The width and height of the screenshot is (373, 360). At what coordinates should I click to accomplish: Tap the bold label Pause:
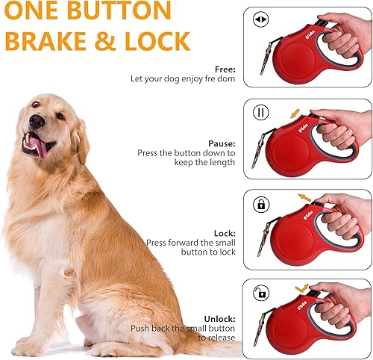coord(222,142)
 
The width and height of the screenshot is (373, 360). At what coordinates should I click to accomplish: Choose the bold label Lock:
coord(225,232)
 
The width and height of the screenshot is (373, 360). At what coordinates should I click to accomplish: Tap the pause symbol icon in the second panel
coord(261,114)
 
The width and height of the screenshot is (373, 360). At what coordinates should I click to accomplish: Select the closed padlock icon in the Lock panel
coord(261,204)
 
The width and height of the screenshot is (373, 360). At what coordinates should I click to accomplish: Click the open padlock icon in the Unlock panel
coord(261,292)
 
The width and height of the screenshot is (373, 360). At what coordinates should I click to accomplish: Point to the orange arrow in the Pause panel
coord(295,114)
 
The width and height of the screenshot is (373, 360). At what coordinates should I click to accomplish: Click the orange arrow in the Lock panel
coord(305,198)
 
